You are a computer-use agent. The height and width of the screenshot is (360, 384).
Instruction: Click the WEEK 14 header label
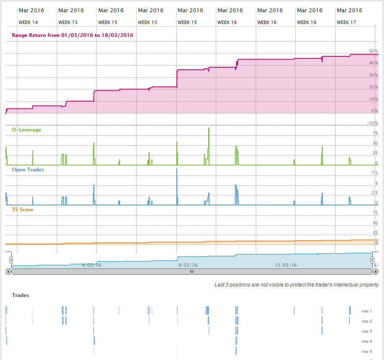point(28,22)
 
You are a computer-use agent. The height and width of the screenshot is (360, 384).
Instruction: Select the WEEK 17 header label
point(347,22)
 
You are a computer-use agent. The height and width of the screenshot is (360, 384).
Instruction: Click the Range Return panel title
point(72,35)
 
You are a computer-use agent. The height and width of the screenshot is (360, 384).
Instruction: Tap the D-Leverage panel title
point(26,130)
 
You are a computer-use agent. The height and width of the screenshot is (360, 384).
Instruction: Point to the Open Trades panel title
point(28,170)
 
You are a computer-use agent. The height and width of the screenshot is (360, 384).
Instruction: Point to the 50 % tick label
point(373,51)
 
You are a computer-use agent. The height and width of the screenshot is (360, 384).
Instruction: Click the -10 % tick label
point(373,123)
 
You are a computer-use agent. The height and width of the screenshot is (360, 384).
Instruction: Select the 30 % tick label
point(373,75)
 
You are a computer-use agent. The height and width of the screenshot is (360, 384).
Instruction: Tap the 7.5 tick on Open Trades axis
point(374,173)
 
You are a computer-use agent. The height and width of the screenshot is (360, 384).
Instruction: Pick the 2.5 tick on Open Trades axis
point(374,193)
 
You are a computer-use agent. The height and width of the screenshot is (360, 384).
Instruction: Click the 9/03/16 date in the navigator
point(188,265)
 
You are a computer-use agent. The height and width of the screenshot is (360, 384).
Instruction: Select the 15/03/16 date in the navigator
point(286,265)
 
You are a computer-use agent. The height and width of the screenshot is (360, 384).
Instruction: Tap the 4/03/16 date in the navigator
point(91,265)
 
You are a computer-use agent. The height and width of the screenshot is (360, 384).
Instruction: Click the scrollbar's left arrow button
point(8,272)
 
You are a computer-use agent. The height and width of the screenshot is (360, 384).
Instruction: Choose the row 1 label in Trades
point(367,311)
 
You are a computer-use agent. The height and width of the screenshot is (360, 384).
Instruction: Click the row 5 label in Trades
point(367,352)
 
